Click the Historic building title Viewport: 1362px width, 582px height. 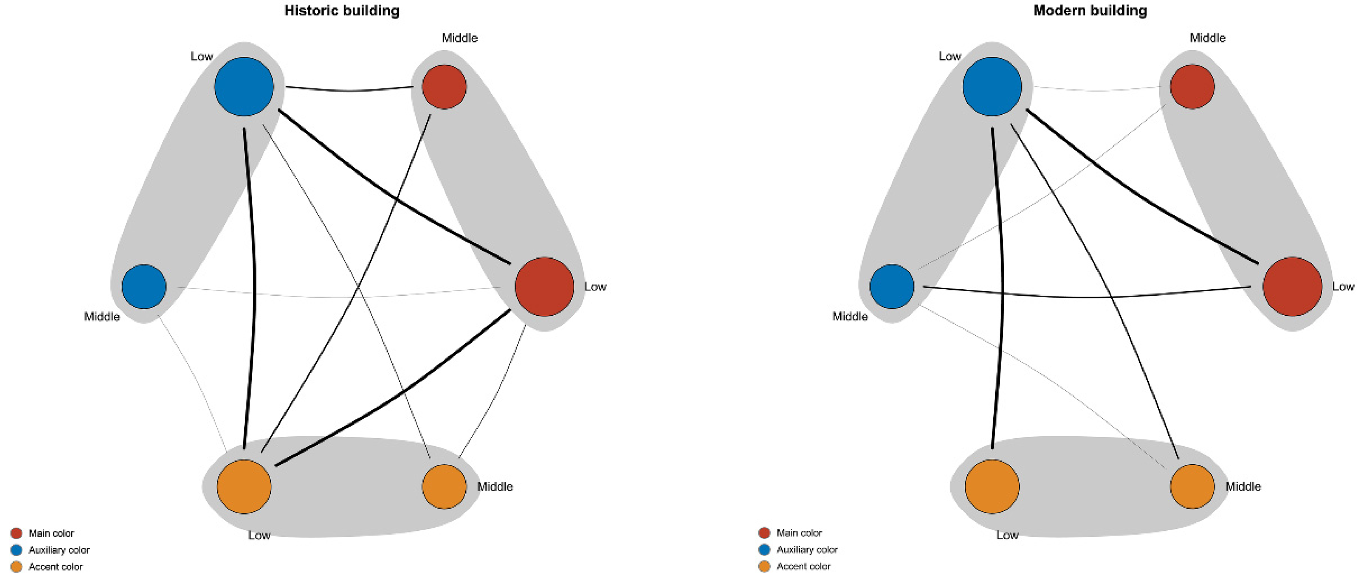click(342, 11)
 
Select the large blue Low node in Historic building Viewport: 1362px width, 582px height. click(244, 86)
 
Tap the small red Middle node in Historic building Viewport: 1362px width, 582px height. click(444, 86)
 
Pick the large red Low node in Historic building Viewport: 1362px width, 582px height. click(544, 287)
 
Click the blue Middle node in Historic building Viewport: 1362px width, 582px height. click(144, 287)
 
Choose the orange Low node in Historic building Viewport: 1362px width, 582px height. click(244, 486)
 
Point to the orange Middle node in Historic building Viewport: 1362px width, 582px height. click(444, 486)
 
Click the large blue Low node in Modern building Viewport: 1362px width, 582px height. click(992, 86)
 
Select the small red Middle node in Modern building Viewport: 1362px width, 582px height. click(1192, 86)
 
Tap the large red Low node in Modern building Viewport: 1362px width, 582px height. click(1292, 287)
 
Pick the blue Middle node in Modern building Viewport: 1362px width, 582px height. click(892, 287)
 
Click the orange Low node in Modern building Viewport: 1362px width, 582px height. click(992, 486)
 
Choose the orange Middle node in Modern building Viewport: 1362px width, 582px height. click(1192, 486)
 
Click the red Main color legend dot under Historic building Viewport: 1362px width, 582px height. click(16, 533)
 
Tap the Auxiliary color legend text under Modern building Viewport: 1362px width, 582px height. click(807, 550)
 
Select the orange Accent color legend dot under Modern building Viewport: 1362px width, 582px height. click(764, 567)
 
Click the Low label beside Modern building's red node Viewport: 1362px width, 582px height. click(1343, 287)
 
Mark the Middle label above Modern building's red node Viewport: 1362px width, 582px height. click(1207, 38)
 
